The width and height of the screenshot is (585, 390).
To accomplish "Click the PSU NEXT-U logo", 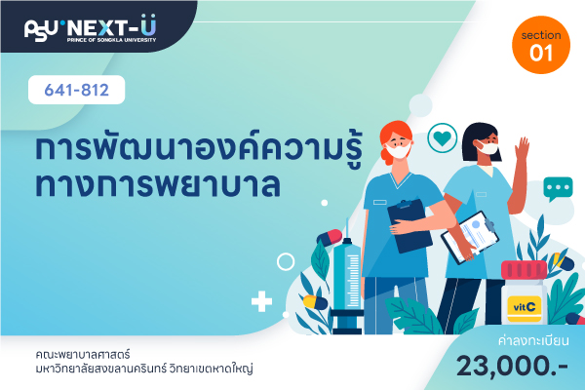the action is point(91,28).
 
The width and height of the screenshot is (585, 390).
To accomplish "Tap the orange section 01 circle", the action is point(541,45).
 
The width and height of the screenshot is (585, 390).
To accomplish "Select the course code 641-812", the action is point(76,90).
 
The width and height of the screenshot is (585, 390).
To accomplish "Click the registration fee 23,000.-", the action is point(512,367).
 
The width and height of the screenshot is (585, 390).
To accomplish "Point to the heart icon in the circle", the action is point(443,138).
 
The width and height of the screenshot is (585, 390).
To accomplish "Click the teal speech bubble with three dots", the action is point(558,189).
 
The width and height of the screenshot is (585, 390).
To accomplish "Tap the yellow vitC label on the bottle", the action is point(525,308).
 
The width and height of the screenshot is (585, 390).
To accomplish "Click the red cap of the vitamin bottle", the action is point(524,270).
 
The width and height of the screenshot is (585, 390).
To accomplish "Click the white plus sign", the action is point(261,301).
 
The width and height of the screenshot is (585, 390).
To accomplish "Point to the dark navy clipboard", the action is point(409,225).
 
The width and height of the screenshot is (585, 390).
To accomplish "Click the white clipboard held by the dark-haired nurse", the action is point(470,237).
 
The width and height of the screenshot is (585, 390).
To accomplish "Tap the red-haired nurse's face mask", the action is point(398,150).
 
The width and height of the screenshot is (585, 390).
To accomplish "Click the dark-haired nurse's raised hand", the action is point(523,148).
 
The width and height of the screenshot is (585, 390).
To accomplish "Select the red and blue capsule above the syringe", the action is point(330,238).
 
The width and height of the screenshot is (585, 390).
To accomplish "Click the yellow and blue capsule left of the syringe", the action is point(315,302).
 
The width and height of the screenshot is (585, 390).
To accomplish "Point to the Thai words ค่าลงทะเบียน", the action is point(533,340).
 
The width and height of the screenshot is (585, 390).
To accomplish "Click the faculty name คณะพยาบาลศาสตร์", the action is point(83,354).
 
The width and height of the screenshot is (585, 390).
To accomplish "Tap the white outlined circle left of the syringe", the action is point(286,261).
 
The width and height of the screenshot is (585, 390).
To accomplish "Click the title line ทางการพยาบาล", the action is point(157,184).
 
